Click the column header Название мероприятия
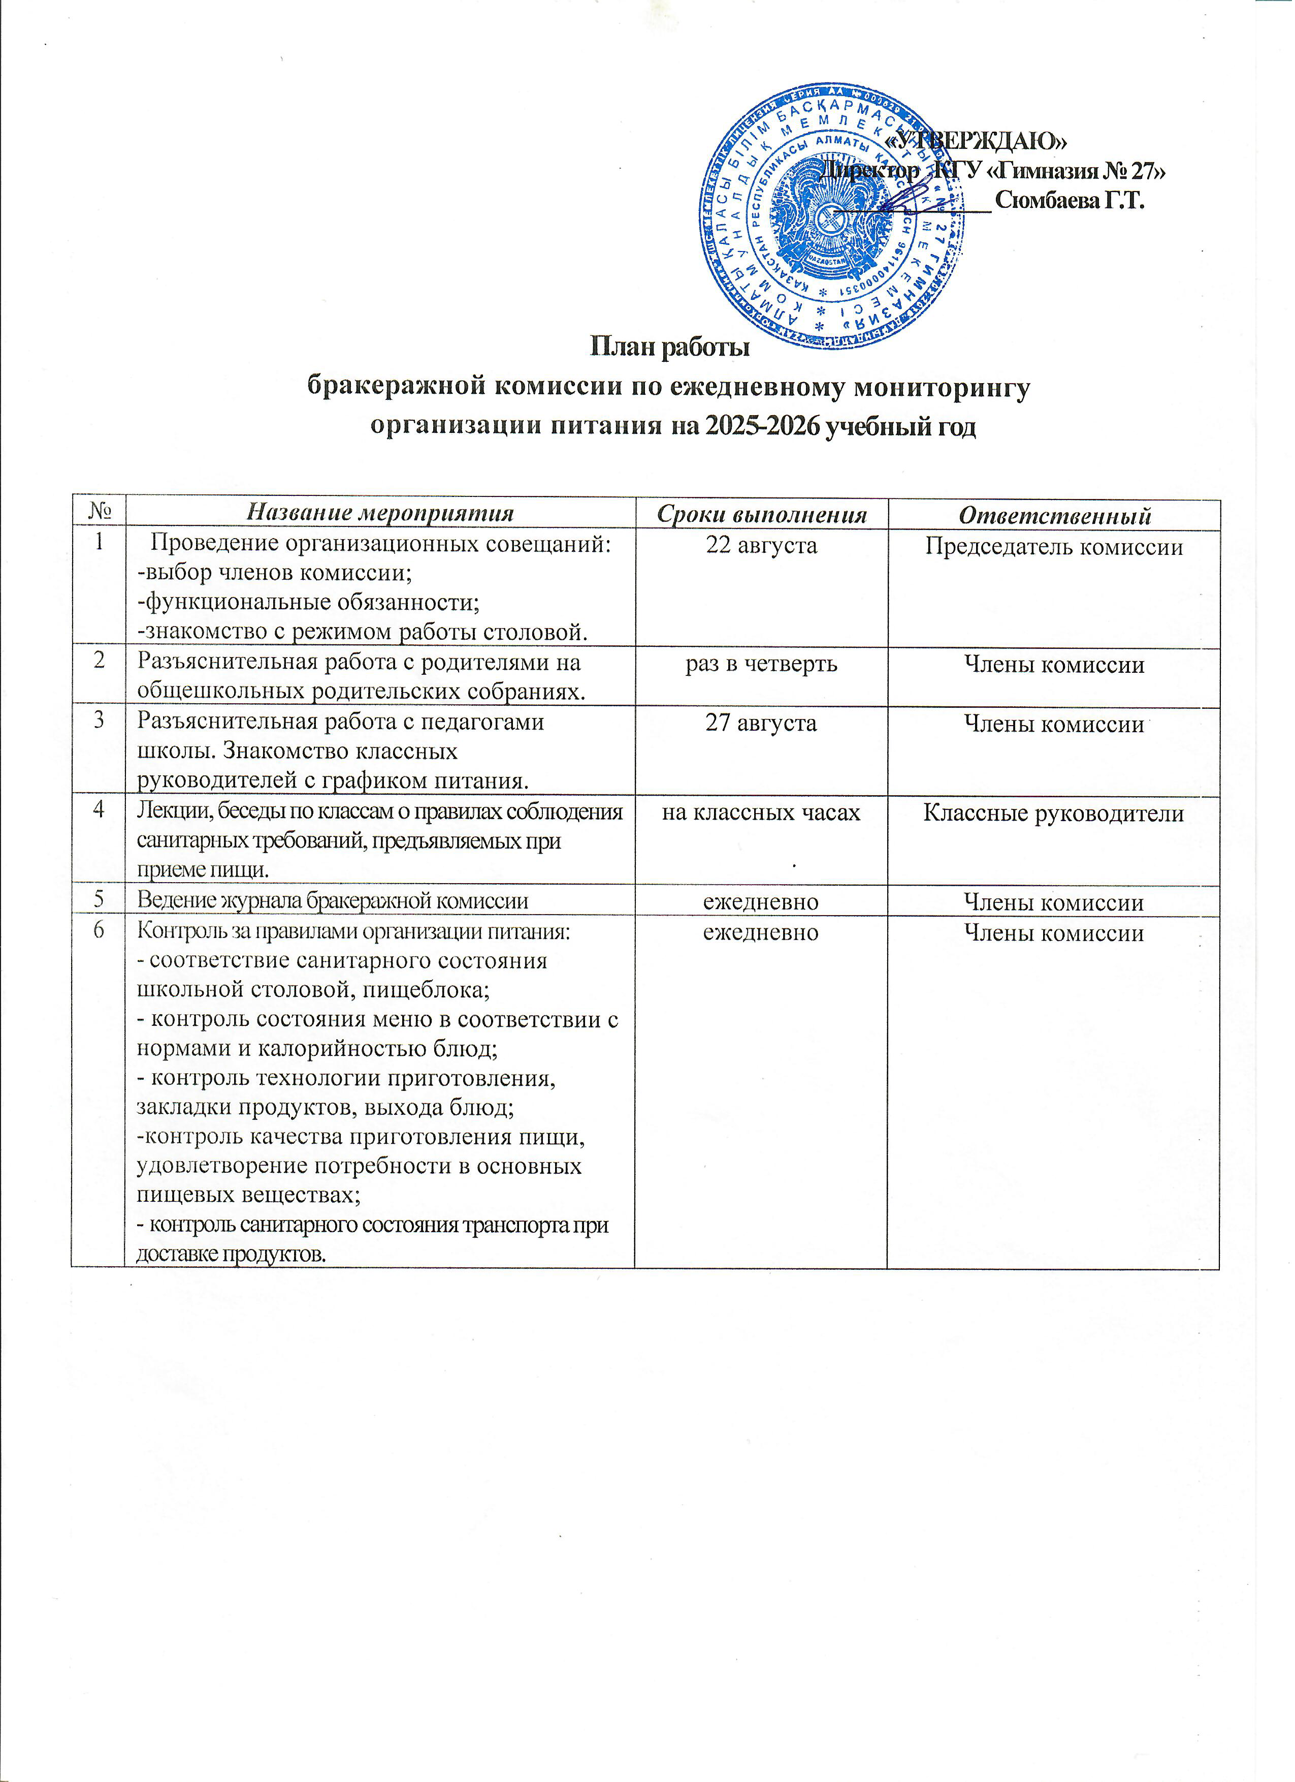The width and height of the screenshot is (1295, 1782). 380,513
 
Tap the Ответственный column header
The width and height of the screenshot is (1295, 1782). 1055,515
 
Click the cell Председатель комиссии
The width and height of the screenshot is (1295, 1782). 1053,547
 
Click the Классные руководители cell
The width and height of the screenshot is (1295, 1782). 1053,813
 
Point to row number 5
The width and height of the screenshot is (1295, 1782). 99,900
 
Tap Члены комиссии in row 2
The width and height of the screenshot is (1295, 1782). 1053,665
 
